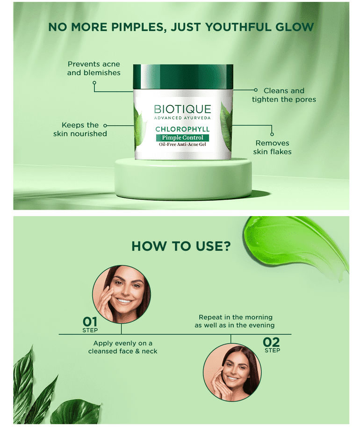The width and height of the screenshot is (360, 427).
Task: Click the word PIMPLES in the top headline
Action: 139,27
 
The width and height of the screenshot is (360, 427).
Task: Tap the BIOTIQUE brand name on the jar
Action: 183,109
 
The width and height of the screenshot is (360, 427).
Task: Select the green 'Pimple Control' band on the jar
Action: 182,138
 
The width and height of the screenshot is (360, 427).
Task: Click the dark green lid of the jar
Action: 183,77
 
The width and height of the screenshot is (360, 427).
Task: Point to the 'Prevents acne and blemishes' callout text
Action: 94,68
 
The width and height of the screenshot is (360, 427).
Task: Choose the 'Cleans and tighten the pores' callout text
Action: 284,95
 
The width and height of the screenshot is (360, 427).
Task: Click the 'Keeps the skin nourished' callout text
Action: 80,130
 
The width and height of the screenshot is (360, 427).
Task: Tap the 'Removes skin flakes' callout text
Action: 272,147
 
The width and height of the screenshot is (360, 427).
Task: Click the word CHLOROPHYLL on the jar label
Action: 182,129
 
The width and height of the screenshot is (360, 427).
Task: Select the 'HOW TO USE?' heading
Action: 181,246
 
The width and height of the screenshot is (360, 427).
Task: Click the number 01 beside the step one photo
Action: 90,322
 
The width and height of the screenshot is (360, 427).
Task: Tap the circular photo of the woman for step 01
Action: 122,295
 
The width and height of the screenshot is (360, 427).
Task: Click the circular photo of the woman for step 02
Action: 232,372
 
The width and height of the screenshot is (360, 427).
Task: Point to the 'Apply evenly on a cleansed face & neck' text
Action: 122,347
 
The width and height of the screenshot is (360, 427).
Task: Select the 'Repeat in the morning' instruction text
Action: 235,321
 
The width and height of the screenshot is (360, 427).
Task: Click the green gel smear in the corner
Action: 295,243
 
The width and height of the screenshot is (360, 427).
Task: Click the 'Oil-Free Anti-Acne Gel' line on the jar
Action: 182,145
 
